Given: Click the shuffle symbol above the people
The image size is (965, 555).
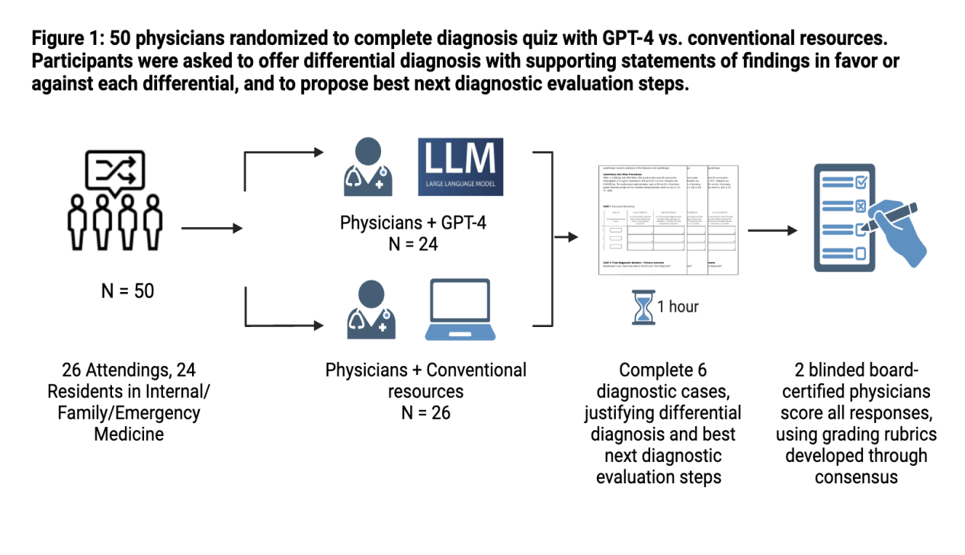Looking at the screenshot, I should pyautogui.click(x=115, y=169).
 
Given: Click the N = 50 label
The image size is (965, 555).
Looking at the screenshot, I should pyautogui.click(x=127, y=290).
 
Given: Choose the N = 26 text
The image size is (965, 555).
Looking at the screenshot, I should pyautogui.click(x=425, y=412).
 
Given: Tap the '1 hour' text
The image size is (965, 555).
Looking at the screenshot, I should pyautogui.click(x=678, y=306).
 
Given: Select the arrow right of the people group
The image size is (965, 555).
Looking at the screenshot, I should pyautogui.click(x=212, y=228).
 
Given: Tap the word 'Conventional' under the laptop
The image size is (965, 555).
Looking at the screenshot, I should pyautogui.click(x=476, y=371).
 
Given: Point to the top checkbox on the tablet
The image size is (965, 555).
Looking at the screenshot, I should pyautogui.click(x=859, y=181).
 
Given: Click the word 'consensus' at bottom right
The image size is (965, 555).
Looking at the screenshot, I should pyautogui.click(x=856, y=477).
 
